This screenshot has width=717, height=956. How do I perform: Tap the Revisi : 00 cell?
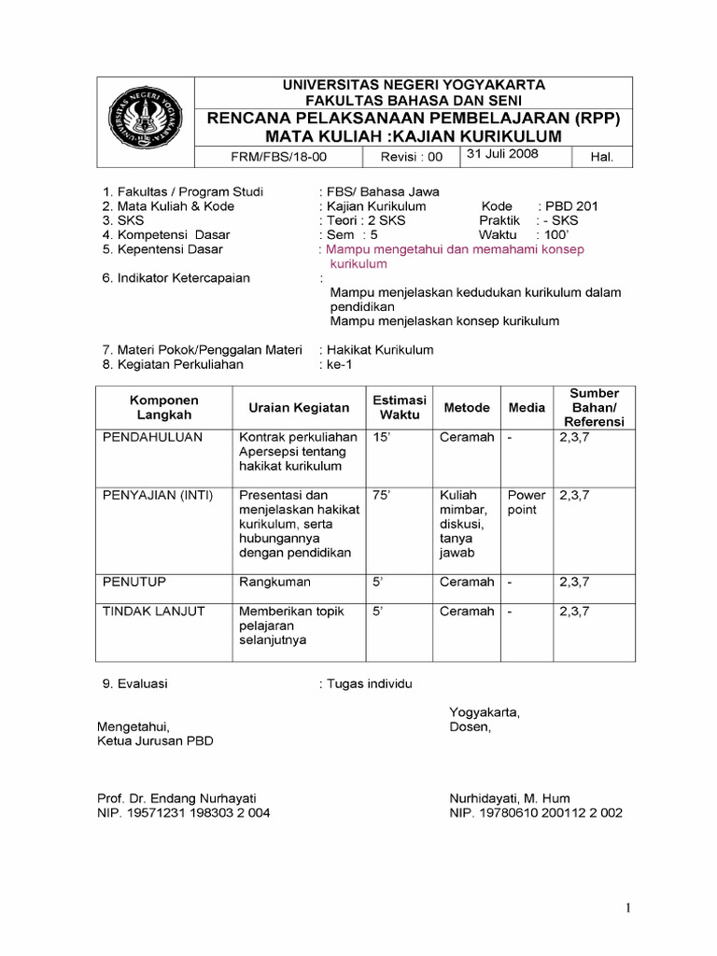(412, 157)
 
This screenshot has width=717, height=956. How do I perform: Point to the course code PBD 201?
(572, 206)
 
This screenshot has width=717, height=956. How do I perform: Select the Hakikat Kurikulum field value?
(379, 350)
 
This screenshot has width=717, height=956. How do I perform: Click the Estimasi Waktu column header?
(399, 407)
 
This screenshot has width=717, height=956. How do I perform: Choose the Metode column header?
(467, 407)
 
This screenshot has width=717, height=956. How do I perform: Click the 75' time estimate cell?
(380, 495)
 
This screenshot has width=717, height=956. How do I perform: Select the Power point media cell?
(527, 503)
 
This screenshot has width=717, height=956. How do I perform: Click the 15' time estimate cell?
(380, 437)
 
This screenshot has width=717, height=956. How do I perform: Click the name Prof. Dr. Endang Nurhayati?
(176, 798)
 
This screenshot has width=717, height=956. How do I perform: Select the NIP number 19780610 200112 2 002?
(536, 813)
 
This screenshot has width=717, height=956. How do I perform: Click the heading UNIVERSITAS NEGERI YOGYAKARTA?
(415, 85)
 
